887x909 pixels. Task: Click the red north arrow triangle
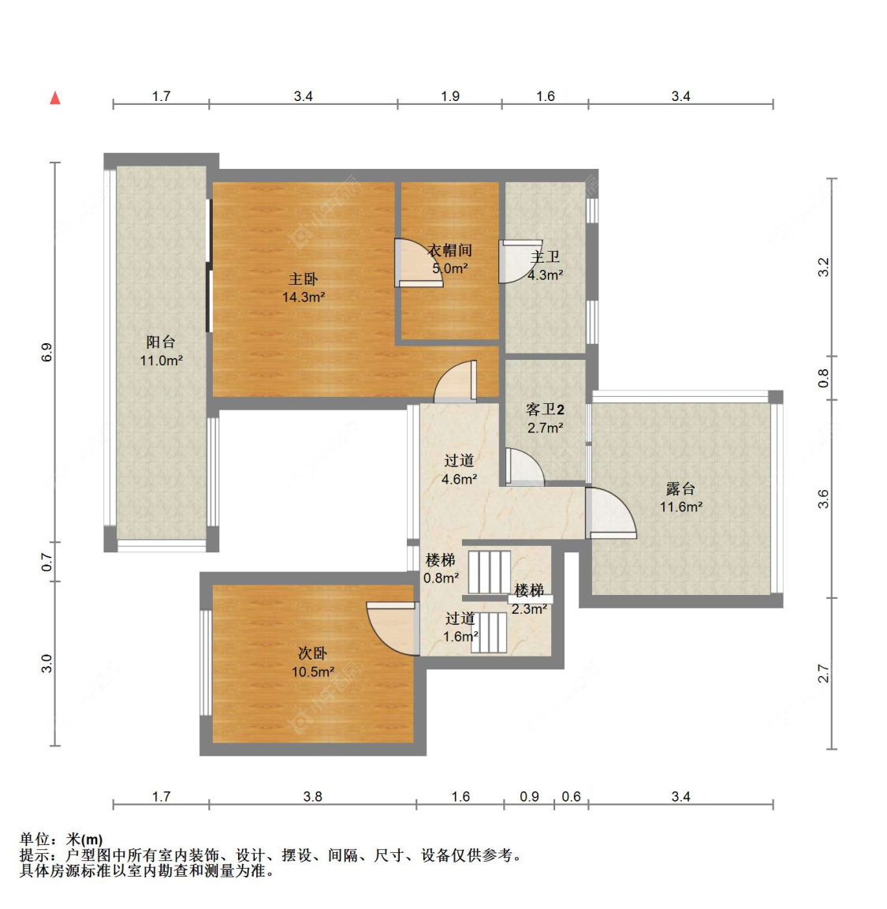[55, 97]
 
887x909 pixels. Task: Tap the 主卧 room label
[303, 279]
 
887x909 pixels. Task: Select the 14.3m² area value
[303, 297]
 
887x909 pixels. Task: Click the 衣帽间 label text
[449, 250]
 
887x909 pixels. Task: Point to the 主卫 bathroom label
[545, 256]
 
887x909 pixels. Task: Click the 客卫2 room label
[545, 410]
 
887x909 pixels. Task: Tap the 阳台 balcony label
[161, 342]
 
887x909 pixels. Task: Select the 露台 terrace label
[680, 488]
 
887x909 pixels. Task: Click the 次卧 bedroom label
[312, 653]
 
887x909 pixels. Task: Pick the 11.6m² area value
[680, 507]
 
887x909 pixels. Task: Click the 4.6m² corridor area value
[459, 480]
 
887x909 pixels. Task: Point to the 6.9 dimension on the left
[47, 353]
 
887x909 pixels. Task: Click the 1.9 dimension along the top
[450, 96]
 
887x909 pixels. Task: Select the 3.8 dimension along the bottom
[313, 796]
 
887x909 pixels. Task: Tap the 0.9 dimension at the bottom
[529, 796]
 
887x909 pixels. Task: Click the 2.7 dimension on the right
[823, 674]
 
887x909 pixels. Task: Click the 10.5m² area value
[313, 672]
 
